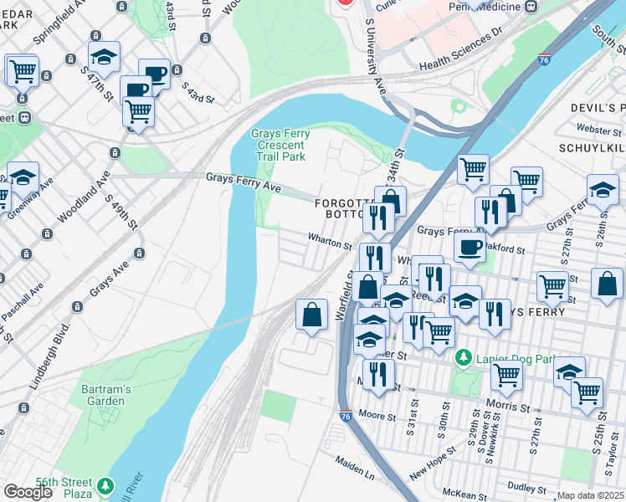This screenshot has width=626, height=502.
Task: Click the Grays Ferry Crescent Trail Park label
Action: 280,145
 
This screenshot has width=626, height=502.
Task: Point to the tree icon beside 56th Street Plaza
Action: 105,486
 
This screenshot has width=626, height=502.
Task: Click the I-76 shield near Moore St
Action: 346,416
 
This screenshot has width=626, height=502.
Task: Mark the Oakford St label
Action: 505,249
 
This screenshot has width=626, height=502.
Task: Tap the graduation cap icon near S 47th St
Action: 104,57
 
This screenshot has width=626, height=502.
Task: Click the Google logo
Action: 28,492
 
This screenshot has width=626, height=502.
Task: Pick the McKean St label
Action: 465,492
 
